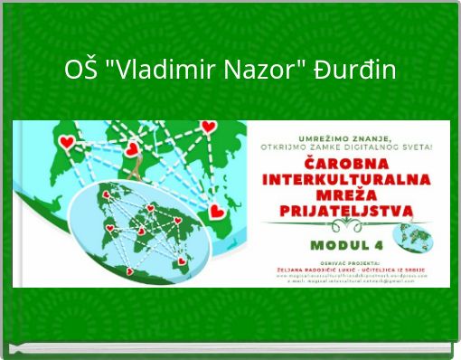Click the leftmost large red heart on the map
(66, 142)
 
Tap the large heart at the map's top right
(212, 129)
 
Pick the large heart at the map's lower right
(215, 213)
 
